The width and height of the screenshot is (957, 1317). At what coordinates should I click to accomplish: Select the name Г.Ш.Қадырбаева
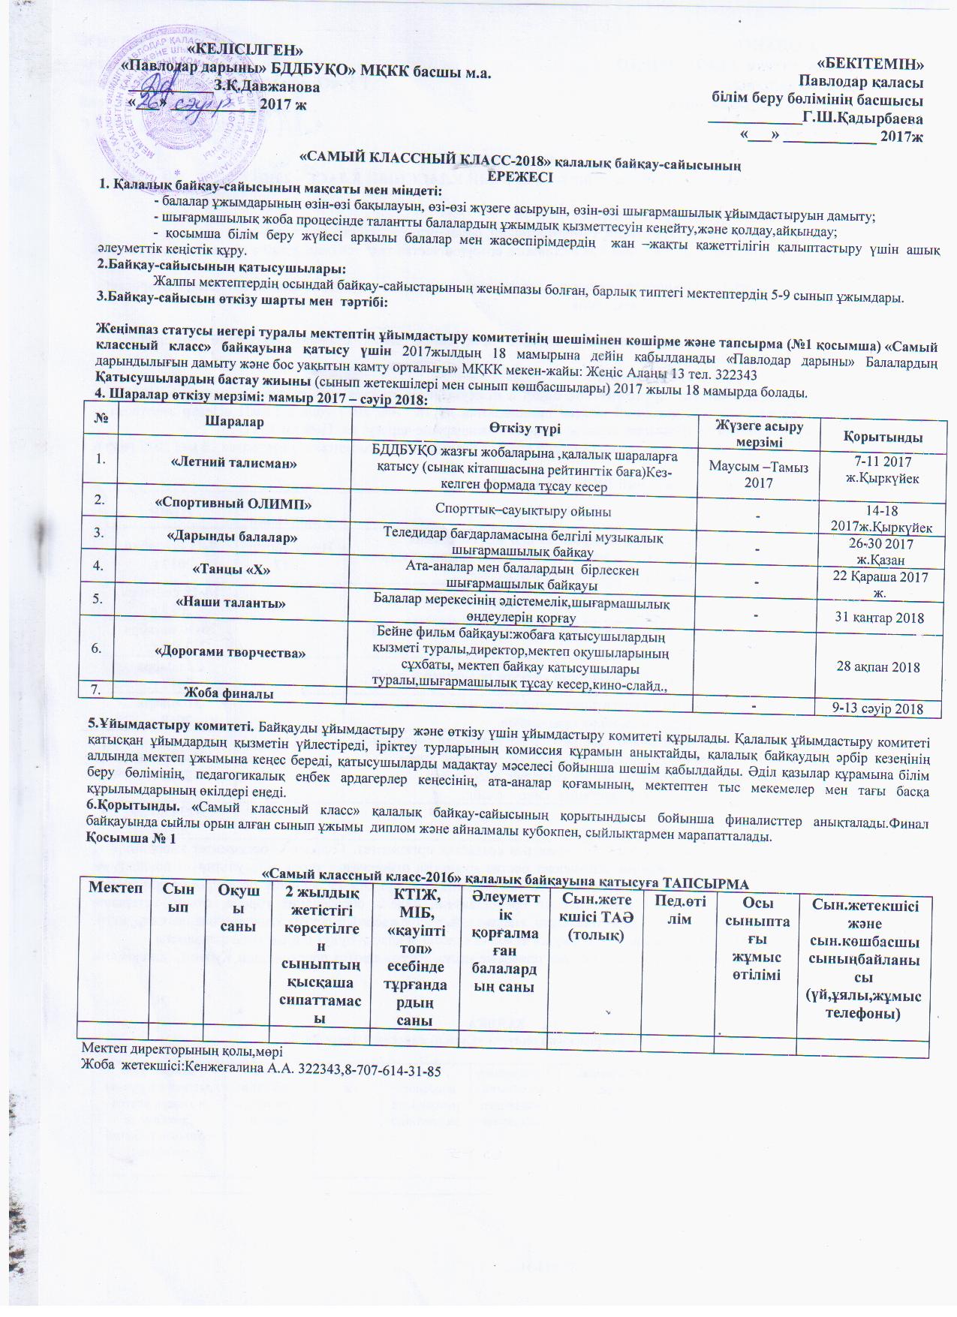(x=862, y=119)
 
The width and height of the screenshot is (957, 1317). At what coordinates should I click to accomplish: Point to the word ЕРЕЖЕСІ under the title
(x=520, y=177)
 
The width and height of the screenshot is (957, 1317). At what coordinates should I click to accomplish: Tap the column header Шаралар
(x=235, y=422)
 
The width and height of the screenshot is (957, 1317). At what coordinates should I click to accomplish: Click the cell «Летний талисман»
(x=235, y=463)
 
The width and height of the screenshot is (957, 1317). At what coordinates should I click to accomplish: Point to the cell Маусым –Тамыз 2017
(x=758, y=474)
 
